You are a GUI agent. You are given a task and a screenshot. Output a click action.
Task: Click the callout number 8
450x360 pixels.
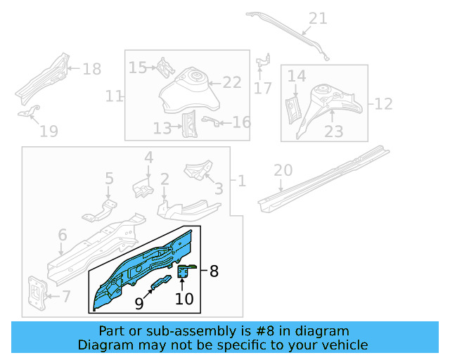(214, 269)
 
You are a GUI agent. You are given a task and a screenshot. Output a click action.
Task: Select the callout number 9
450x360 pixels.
(139, 304)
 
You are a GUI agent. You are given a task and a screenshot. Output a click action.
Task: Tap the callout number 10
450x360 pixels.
(184, 299)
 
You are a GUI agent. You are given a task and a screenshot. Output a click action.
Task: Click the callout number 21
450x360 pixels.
(319, 19)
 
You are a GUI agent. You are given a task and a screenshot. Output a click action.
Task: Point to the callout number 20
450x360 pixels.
(283, 170)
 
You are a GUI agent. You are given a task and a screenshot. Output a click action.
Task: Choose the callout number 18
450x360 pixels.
(92, 69)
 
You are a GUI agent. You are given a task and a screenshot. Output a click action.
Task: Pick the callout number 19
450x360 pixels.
(49, 130)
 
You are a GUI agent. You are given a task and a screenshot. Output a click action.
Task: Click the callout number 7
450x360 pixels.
(66, 297)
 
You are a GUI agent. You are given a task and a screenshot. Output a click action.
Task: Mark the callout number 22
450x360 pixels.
(232, 82)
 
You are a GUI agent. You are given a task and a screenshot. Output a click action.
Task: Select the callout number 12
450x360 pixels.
(383, 104)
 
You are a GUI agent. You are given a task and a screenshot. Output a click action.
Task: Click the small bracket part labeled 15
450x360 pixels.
(165, 67)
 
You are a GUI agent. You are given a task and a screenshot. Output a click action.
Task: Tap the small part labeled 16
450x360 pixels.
(208, 121)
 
